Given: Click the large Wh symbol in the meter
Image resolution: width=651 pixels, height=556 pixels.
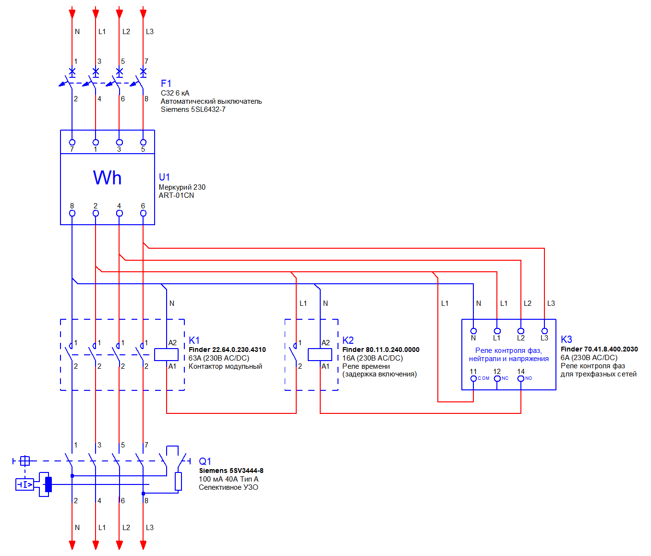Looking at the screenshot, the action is coord(107,178).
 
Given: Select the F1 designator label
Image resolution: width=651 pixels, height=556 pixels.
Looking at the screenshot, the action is coord(166,84).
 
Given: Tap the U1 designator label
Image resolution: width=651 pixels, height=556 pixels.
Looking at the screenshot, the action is coord(164,177).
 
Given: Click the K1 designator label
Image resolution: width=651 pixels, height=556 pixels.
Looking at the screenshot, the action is coord(194,340).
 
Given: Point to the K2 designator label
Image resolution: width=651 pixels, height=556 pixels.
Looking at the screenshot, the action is coord(348,340).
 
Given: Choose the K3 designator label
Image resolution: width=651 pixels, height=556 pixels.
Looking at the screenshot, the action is coord(567,339).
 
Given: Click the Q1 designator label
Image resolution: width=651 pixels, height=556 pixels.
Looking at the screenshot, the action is coord(205,461).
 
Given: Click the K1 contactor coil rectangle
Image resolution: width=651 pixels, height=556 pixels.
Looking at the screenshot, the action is coord(166,354).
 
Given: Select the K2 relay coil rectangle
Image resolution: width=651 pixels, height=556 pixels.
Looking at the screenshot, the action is coord(320,354).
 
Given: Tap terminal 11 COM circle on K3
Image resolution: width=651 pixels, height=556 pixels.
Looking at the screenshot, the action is coord(473,378).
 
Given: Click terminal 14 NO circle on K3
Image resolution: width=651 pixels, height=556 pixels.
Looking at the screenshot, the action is coord(520,378).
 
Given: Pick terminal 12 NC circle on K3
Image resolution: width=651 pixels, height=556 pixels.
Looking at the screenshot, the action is coord(497,378).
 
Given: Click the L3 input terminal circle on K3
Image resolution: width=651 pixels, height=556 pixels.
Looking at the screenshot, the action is coord(544,331).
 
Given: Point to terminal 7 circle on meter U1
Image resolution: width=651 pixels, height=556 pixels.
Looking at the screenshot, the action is coord(72,143).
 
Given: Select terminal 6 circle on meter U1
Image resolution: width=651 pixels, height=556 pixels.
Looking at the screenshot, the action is coord(143,213).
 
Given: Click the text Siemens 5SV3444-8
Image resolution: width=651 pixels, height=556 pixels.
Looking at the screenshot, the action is coord(231,471).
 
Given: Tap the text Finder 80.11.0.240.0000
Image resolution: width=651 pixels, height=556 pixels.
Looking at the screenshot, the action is coord(381,350).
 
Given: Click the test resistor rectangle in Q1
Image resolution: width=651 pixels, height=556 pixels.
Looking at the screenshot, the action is coord(178,482).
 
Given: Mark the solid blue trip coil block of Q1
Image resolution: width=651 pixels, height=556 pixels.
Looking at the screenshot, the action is coord(48,484).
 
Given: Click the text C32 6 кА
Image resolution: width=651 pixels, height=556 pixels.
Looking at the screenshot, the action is coord(175,93).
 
